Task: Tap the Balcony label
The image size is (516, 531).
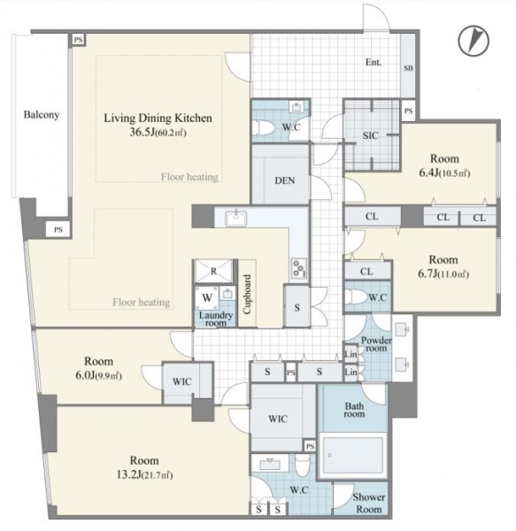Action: pyautogui.click(x=42, y=115)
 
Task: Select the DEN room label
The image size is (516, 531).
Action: pyautogui.click(x=285, y=181)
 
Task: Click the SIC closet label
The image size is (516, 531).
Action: pyautogui.click(x=371, y=135)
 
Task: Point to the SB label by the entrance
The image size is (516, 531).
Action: pyautogui.click(x=408, y=68)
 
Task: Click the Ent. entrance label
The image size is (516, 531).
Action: pyautogui.click(x=374, y=62)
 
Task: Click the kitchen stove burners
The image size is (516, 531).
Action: pyautogui.click(x=299, y=268)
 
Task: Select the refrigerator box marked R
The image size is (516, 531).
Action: pyautogui.click(x=213, y=271)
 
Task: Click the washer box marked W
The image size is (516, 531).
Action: pyautogui.click(x=207, y=298)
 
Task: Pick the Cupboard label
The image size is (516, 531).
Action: pyautogui.click(x=247, y=294)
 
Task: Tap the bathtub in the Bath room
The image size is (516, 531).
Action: pyautogui.click(x=352, y=455)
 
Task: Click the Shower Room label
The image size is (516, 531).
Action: pyautogui.click(x=369, y=504)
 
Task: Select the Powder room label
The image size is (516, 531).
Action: pyautogui.click(x=376, y=344)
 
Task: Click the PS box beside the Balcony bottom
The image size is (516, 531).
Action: pyautogui.click(x=58, y=229)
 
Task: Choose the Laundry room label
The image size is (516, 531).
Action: pyautogui.click(x=216, y=319)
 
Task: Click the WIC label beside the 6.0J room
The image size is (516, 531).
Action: pyautogui.click(x=181, y=381)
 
